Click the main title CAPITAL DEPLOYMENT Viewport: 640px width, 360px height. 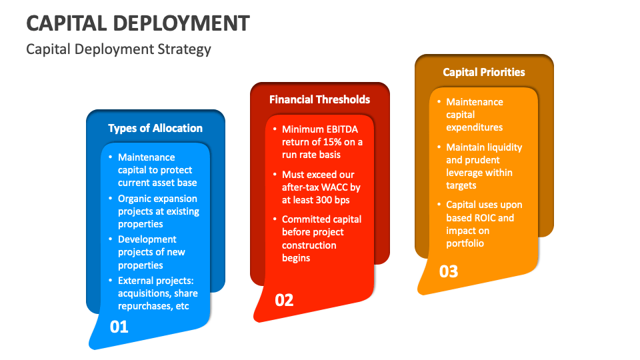[x=138, y=23]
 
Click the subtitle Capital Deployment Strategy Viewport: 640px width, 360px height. [x=119, y=49]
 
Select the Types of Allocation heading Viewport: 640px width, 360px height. [x=155, y=128]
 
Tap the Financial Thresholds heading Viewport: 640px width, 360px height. [x=319, y=99]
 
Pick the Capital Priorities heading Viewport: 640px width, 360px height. [x=484, y=72]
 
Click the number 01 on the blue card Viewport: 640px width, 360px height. [x=119, y=327]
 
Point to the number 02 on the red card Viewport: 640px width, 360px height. [x=284, y=300]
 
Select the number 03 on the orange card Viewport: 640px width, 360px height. [x=449, y=271]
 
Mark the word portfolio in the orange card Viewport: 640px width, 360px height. [x=465, y=243]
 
